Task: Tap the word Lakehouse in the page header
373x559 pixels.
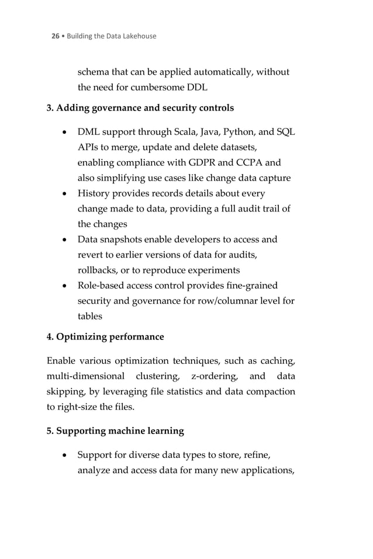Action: [140, 36]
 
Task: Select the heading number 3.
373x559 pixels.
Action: [50, 107]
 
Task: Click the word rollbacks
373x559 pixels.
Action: [99, 270]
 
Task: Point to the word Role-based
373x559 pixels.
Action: [102, 285]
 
